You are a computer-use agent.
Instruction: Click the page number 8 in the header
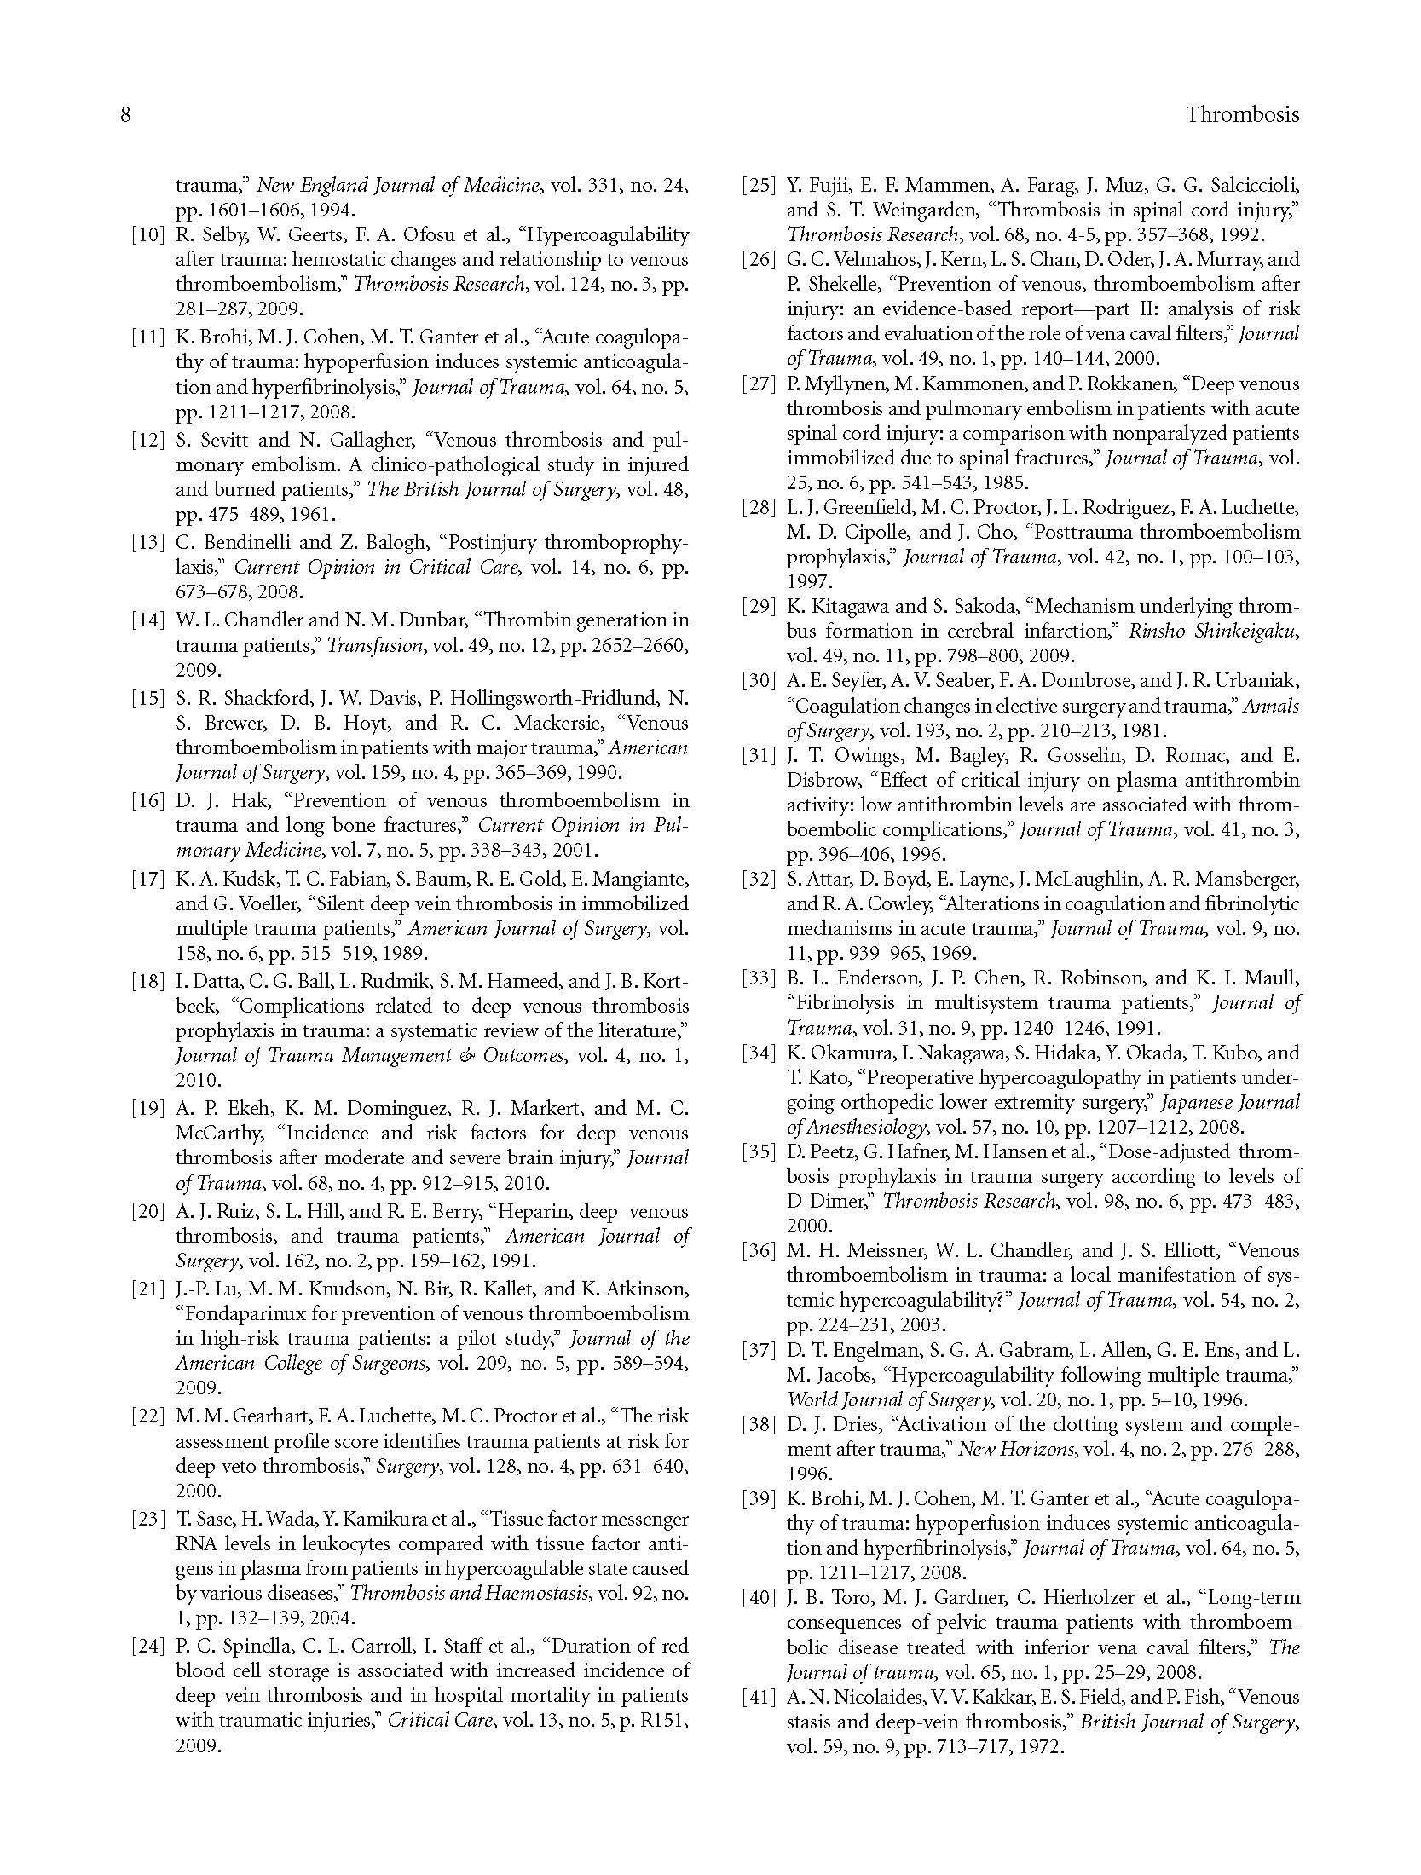125,114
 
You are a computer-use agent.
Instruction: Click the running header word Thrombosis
1242,114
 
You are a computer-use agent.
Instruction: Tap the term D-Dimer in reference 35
827,1201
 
